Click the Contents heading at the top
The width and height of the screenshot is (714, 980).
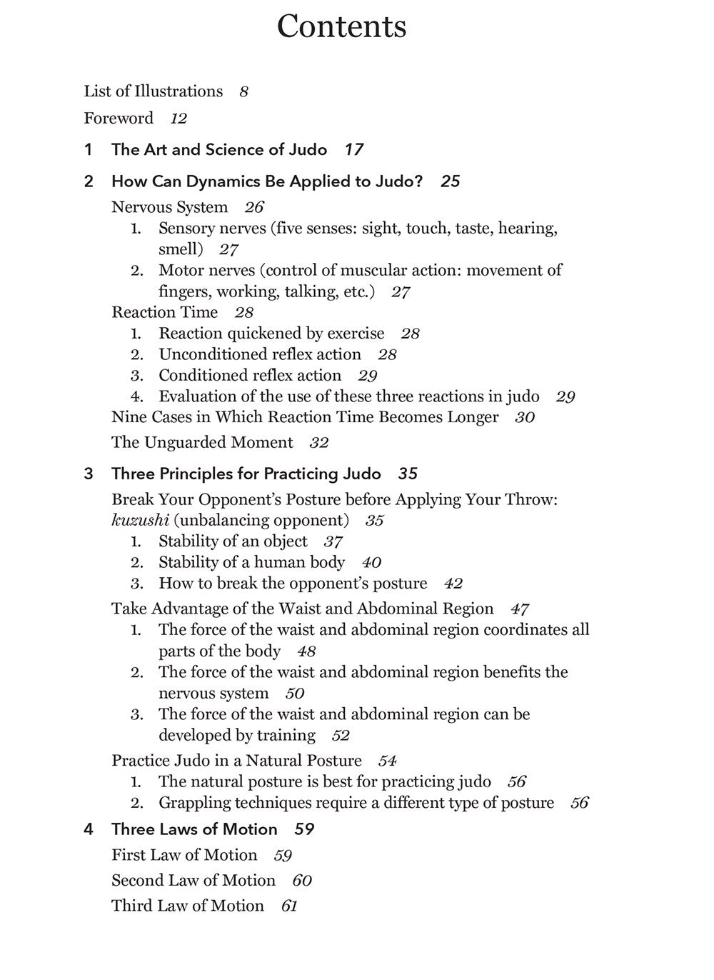[x=341, y=26]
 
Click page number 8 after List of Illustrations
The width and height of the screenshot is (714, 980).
[x=243, y=92]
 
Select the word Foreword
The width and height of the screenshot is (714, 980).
[x=119, y=118]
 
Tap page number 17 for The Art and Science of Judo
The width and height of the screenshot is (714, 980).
[x=353, y=150]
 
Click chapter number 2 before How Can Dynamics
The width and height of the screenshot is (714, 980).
[x=89, y=181]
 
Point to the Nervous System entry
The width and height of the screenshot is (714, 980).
[x=169, y=207]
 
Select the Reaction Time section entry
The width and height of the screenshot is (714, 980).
[x=164, y=312]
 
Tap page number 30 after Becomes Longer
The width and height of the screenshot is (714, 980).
[x=525, y=418]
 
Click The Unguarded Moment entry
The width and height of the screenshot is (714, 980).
[x=202, y=443]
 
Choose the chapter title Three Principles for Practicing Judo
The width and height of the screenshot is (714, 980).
[x=246, y=474]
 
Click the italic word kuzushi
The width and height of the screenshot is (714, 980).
[x=140, y=520]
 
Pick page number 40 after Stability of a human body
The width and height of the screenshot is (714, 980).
[x=371, y=563]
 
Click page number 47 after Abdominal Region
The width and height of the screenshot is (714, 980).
[x=520, y=609]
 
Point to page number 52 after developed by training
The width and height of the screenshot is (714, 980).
[x=341, y=736]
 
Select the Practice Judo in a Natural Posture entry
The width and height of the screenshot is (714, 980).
[x=236, y=761]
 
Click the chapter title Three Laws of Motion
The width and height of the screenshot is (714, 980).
[x=194, y=829]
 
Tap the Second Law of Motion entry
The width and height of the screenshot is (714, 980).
[x=193, y=881]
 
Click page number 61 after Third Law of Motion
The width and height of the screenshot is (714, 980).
[x=289, y=906]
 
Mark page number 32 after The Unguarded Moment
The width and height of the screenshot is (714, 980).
[x=318, y=443]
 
